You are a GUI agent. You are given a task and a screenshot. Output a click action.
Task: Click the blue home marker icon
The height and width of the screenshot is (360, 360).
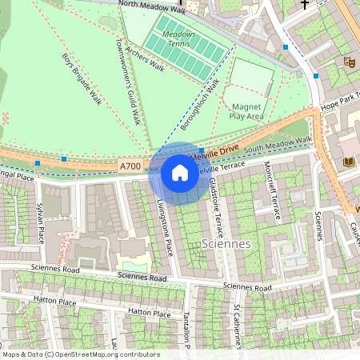180,173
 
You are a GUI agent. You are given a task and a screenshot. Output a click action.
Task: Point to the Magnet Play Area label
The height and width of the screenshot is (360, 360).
246,110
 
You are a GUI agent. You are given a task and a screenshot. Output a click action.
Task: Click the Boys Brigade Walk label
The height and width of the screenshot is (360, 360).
81,79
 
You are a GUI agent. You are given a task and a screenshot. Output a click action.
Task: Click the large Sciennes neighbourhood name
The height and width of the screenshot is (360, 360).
226,243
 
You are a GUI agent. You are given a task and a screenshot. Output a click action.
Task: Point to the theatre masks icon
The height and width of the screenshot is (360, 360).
349,61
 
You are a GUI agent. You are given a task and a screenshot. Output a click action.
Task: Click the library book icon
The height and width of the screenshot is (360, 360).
348,162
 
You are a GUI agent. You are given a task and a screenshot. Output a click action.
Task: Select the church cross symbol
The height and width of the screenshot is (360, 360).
304,5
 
